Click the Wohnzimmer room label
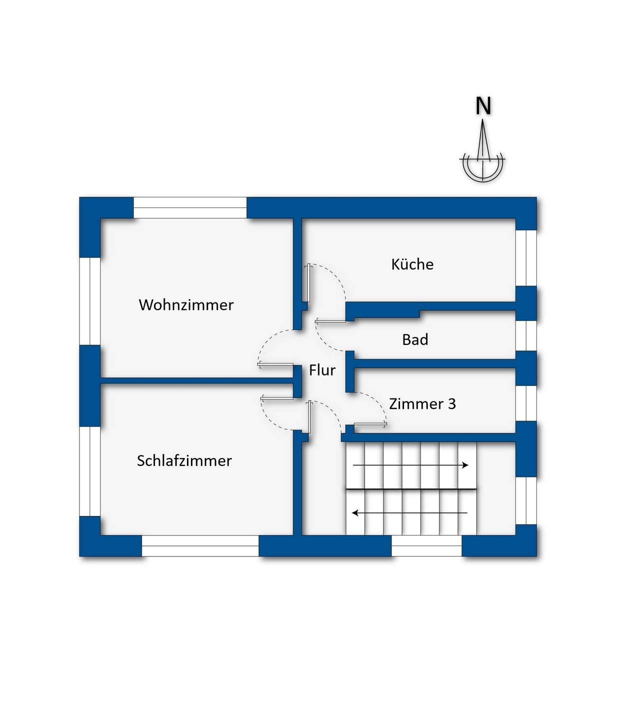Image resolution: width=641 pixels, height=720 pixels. [186, 304]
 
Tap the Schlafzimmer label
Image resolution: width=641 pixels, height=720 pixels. [184, 460]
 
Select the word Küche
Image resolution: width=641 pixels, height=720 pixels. [412, 264]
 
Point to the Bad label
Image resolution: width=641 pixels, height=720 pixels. [415, 340]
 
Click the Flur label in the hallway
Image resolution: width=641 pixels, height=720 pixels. [322, 370]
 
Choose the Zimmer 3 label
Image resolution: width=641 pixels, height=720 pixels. [422, 403]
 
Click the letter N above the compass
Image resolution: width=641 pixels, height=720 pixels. [483, 106]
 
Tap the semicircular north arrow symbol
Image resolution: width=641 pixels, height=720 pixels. [482, 165]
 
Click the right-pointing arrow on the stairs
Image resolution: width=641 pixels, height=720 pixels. [410, 465]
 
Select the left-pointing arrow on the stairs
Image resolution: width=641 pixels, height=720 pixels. [409, 512]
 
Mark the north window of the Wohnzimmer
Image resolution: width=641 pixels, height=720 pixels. [190, 207]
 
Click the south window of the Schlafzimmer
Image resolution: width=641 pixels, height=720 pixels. [200, 546]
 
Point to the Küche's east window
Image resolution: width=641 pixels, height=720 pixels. [526, 258]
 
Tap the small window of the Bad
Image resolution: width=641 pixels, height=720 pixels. [526, 335]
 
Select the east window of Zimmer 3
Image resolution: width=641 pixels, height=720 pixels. [526, 403]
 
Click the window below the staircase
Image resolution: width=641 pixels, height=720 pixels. [426, 546]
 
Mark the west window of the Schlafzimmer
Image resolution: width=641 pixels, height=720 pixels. [90, 471]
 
